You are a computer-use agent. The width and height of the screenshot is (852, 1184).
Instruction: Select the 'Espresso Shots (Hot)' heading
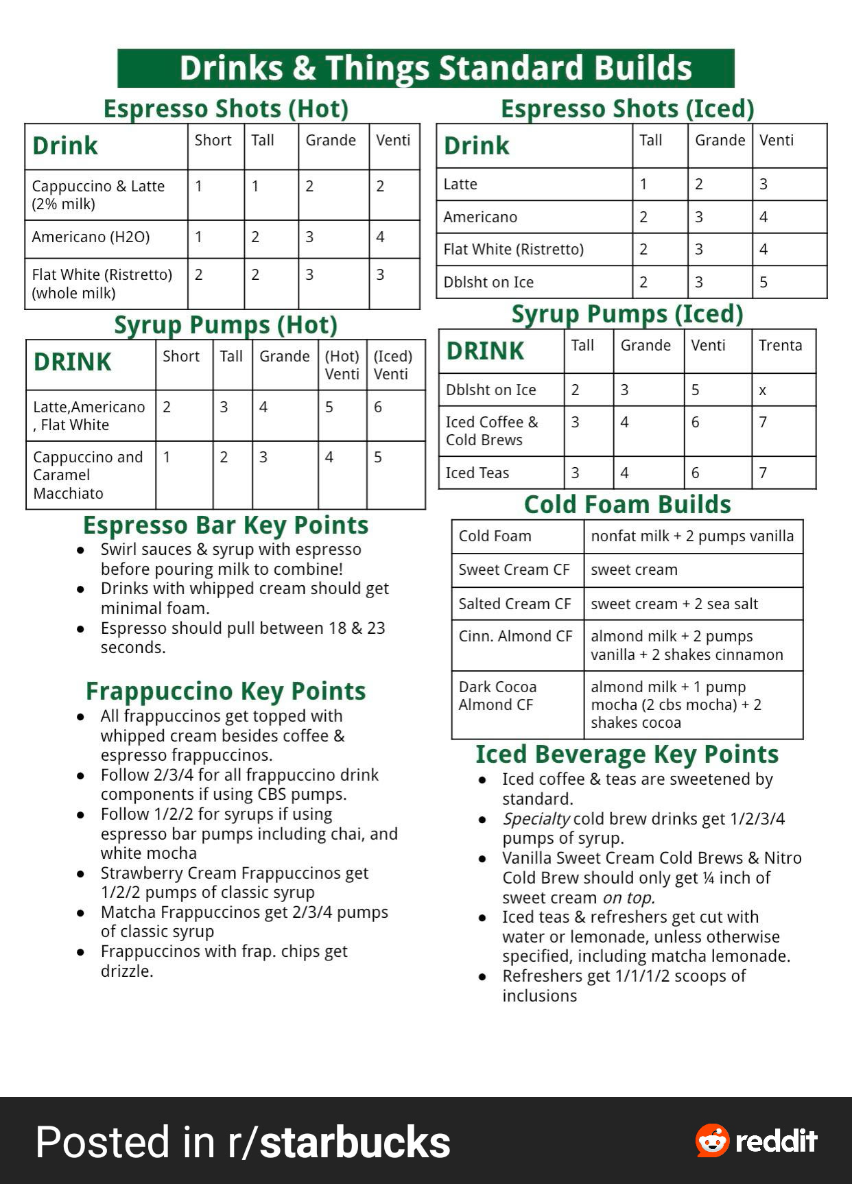tap(226, 109)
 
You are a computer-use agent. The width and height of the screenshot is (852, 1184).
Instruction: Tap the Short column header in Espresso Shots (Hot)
tap(213, 141)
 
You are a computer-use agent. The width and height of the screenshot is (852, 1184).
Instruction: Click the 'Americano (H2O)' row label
tap(91, 237)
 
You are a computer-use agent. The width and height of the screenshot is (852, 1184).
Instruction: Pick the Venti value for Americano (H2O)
tap(381, 237)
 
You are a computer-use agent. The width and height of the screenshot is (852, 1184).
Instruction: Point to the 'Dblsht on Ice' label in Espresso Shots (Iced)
tap(488, 283)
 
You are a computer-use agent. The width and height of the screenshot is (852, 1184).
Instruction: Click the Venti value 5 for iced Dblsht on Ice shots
tap(764, 283)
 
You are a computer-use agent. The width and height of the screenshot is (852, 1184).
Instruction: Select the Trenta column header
tap(780, 346)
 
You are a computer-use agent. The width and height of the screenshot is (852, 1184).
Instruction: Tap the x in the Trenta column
tap(762, 391)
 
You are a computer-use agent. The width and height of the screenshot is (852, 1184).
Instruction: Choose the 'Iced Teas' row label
tap(477, 473)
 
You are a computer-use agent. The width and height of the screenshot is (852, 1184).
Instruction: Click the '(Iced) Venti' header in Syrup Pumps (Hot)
tap(393, 365)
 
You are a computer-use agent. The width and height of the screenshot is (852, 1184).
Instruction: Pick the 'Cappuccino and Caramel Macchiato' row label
tap(88, 475)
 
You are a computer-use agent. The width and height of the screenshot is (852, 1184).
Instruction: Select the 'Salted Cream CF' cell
tap(514, 604)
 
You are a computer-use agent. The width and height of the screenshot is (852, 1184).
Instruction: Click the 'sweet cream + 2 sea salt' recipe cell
tap(674, 604)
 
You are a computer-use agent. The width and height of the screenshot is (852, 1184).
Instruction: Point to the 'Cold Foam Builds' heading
tap(627, 505)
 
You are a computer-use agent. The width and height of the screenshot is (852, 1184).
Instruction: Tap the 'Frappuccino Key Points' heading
tap(226, 691)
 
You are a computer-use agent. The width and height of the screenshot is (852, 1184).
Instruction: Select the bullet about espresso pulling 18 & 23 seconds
tap(242, 638)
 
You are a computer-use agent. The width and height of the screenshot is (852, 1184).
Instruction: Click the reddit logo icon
tap(712, 1141)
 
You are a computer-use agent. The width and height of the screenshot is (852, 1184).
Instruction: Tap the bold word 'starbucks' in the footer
tap(355, 1143)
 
